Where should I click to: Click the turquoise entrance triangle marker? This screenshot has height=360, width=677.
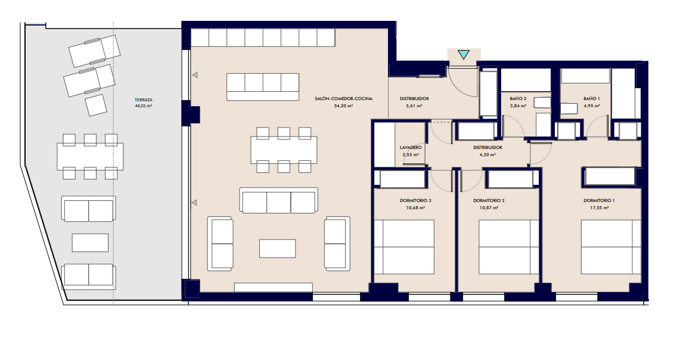pos(463,54)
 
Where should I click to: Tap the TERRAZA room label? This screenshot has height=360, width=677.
pos(144,100)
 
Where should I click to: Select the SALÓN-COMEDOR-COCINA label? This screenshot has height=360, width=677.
pos(344,99)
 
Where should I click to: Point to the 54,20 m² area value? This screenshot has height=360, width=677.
pos(344,105)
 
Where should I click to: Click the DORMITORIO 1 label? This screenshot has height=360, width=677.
pos(599,201)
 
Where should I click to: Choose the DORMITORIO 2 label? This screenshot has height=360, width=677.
pos(489,201)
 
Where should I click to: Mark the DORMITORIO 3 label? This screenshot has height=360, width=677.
pos(415,201)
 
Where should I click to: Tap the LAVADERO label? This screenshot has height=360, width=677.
pos(411,148)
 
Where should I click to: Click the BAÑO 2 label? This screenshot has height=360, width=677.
pos(518,99)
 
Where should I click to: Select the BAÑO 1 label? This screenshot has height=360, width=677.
pos(592,99)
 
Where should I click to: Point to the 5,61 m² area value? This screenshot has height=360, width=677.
pos(414,105)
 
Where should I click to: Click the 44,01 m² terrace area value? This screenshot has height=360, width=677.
pos(144,105)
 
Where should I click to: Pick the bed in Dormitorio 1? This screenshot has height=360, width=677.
pos(610,247)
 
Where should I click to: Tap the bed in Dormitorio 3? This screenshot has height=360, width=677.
pos(404,247)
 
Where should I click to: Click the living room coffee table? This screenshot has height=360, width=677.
pos(278,249)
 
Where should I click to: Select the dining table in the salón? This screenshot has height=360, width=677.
pos(284,150)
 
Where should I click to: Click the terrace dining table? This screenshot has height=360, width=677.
pos(90,156)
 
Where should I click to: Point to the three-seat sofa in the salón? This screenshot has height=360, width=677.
pos(279,201)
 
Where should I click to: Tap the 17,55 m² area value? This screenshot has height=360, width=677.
pos(599,207)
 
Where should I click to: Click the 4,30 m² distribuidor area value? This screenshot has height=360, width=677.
pos(487,154)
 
